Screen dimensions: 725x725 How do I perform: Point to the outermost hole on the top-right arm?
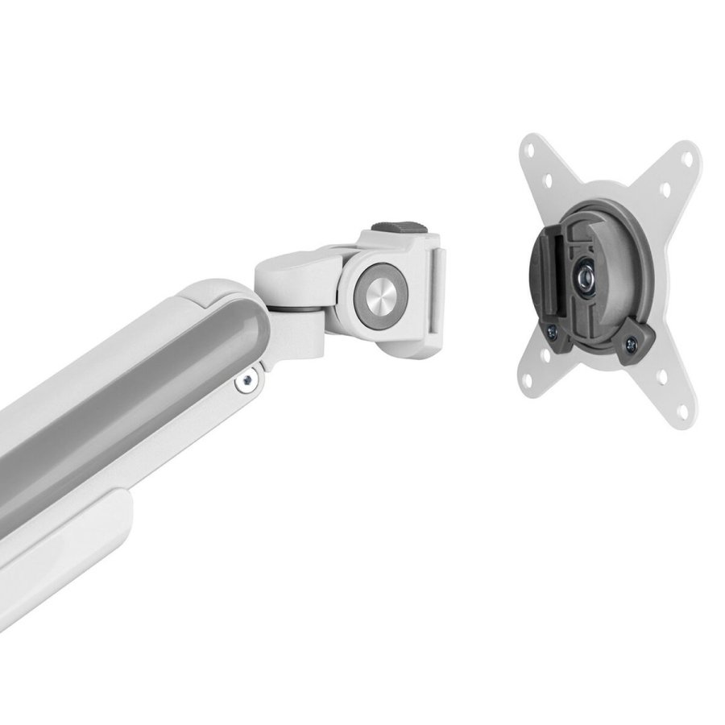click(690, 158)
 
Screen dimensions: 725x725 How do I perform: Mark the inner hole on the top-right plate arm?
click(665, 190)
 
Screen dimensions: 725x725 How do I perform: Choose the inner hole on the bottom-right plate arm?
click(661, 376)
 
